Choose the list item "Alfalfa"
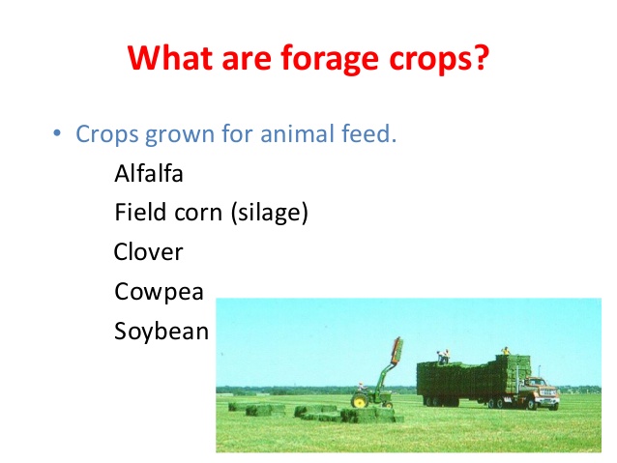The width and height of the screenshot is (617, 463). tap(148, 174)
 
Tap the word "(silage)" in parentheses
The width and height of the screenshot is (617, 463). tap(270, 213)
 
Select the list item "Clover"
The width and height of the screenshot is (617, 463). tap(148, 252)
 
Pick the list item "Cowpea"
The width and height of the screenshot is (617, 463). tap(158, 291)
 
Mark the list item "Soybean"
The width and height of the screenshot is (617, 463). tap(162, 331)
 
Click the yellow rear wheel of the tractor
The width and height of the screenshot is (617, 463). tap(360, 400)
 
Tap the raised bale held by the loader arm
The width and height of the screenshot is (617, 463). tap(397, 352)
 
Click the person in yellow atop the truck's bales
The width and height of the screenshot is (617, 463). tap(505, 351)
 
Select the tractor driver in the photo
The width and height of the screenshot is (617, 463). tap(362, 388)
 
